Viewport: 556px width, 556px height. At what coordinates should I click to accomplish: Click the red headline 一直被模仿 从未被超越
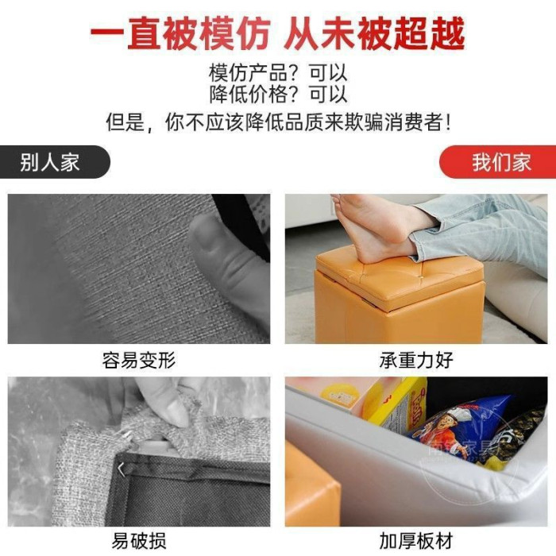pos(278,34)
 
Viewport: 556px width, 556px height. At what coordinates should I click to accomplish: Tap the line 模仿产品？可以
pos(278,73)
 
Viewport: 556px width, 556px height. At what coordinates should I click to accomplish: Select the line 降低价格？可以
pos(278,94)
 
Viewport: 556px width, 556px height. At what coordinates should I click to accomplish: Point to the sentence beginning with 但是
pos(278,122)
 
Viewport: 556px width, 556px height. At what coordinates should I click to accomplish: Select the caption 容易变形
pos(139,361)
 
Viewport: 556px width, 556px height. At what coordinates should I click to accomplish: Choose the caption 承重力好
pos(416,361)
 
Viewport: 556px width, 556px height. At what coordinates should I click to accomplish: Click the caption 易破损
pos(139,540)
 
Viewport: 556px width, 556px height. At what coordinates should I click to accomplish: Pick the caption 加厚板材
pos(416,540)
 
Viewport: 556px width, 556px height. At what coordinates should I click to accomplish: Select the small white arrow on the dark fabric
pos(122,469)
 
